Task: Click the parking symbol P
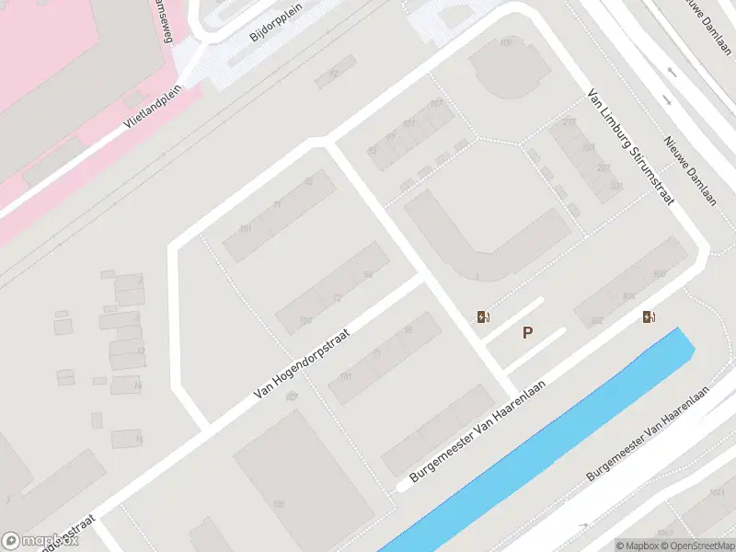(x=528, y=333)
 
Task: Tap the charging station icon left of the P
(x=482, y=317)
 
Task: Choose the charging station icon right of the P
(x=650, y=317)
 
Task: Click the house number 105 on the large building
(x=278, y=504)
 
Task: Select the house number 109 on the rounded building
(x=505, y=42)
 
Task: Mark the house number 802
(x=596, y=321)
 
